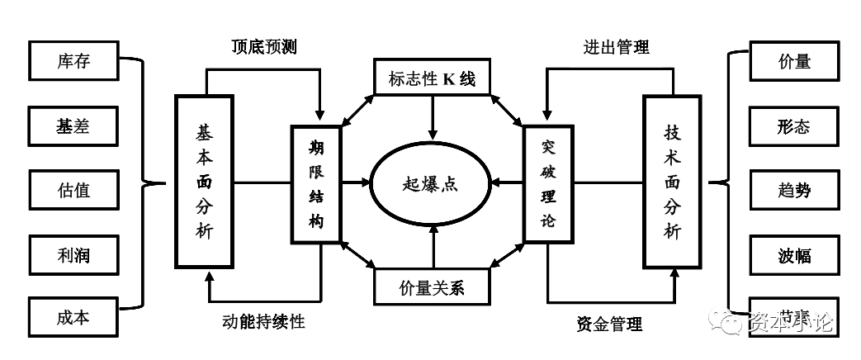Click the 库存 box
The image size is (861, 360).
pos(73,62)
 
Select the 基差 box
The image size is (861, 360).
pos(73,126)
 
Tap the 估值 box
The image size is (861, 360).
pos(73,190)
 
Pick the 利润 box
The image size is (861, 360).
pos(73,254)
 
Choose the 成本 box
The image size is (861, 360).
pos(73,318)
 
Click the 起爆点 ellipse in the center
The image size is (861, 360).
pos(430,183)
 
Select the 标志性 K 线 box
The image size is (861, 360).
pos(431,78)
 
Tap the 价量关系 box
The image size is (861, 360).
pos(431,287)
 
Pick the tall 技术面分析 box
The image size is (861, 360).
pos(672,181)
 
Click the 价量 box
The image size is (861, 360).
pos(794,62)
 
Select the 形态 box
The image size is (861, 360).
pos(794,126)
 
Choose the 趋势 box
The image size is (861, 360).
pos(794,190)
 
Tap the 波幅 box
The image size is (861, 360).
pos(794,254)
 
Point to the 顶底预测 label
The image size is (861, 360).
pos(263,46)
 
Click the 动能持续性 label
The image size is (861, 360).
pos(264,321)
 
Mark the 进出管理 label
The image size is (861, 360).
pos(611,46)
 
